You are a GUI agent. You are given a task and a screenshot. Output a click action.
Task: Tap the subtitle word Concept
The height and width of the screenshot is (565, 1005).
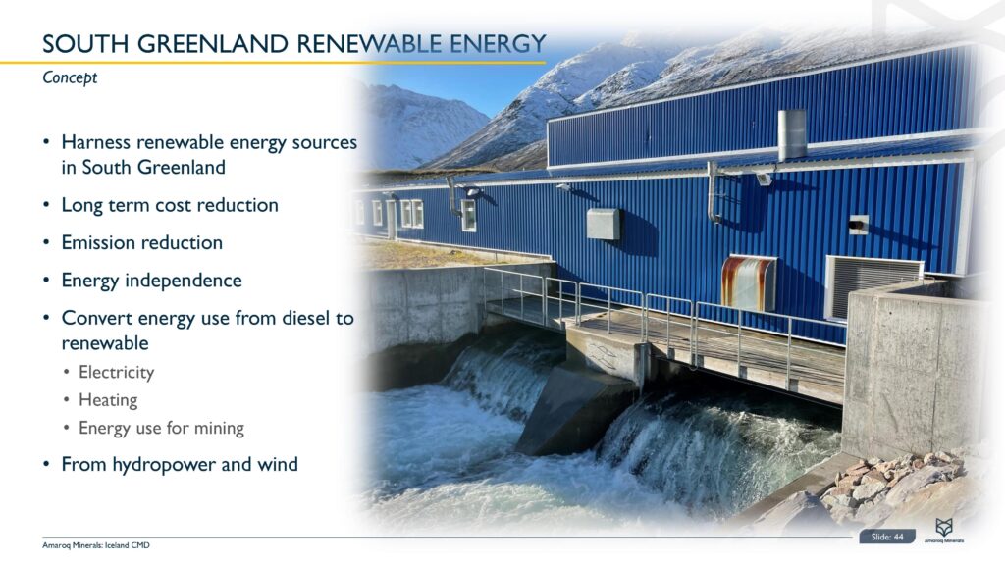click(x=70, y=78)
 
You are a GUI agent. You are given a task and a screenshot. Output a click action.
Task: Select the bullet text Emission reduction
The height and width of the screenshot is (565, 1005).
click(x=141, y=242)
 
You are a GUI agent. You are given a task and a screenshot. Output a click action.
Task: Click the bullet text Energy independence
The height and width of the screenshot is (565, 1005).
click(x=151, y=281)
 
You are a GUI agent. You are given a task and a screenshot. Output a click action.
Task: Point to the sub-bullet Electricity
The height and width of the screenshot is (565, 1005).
click(x=116, y=373)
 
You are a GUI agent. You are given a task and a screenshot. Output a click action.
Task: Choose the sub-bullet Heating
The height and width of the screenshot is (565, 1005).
click(x=108, y=400)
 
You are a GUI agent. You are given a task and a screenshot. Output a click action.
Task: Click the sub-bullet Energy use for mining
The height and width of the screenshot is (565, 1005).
click(x=161, y=428)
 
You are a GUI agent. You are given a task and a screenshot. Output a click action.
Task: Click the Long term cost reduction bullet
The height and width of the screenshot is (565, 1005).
click(x=170, y=205)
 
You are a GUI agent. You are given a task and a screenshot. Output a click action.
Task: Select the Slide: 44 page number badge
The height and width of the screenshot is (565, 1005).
click(x=887, y=537)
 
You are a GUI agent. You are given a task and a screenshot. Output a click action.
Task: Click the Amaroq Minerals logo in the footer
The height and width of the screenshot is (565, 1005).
click(x=943, y=533)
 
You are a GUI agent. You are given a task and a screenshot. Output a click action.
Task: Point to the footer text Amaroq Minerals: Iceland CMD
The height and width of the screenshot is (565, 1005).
click(x=95, y=545)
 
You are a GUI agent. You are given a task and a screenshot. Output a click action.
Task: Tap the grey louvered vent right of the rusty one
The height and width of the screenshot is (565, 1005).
click(x=872, y=283)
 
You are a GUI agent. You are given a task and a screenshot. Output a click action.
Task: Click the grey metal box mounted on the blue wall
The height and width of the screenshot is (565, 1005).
click(x=604, y=224)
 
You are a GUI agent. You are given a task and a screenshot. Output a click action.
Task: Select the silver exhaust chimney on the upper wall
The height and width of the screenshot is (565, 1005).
click(x=792, y=134)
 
